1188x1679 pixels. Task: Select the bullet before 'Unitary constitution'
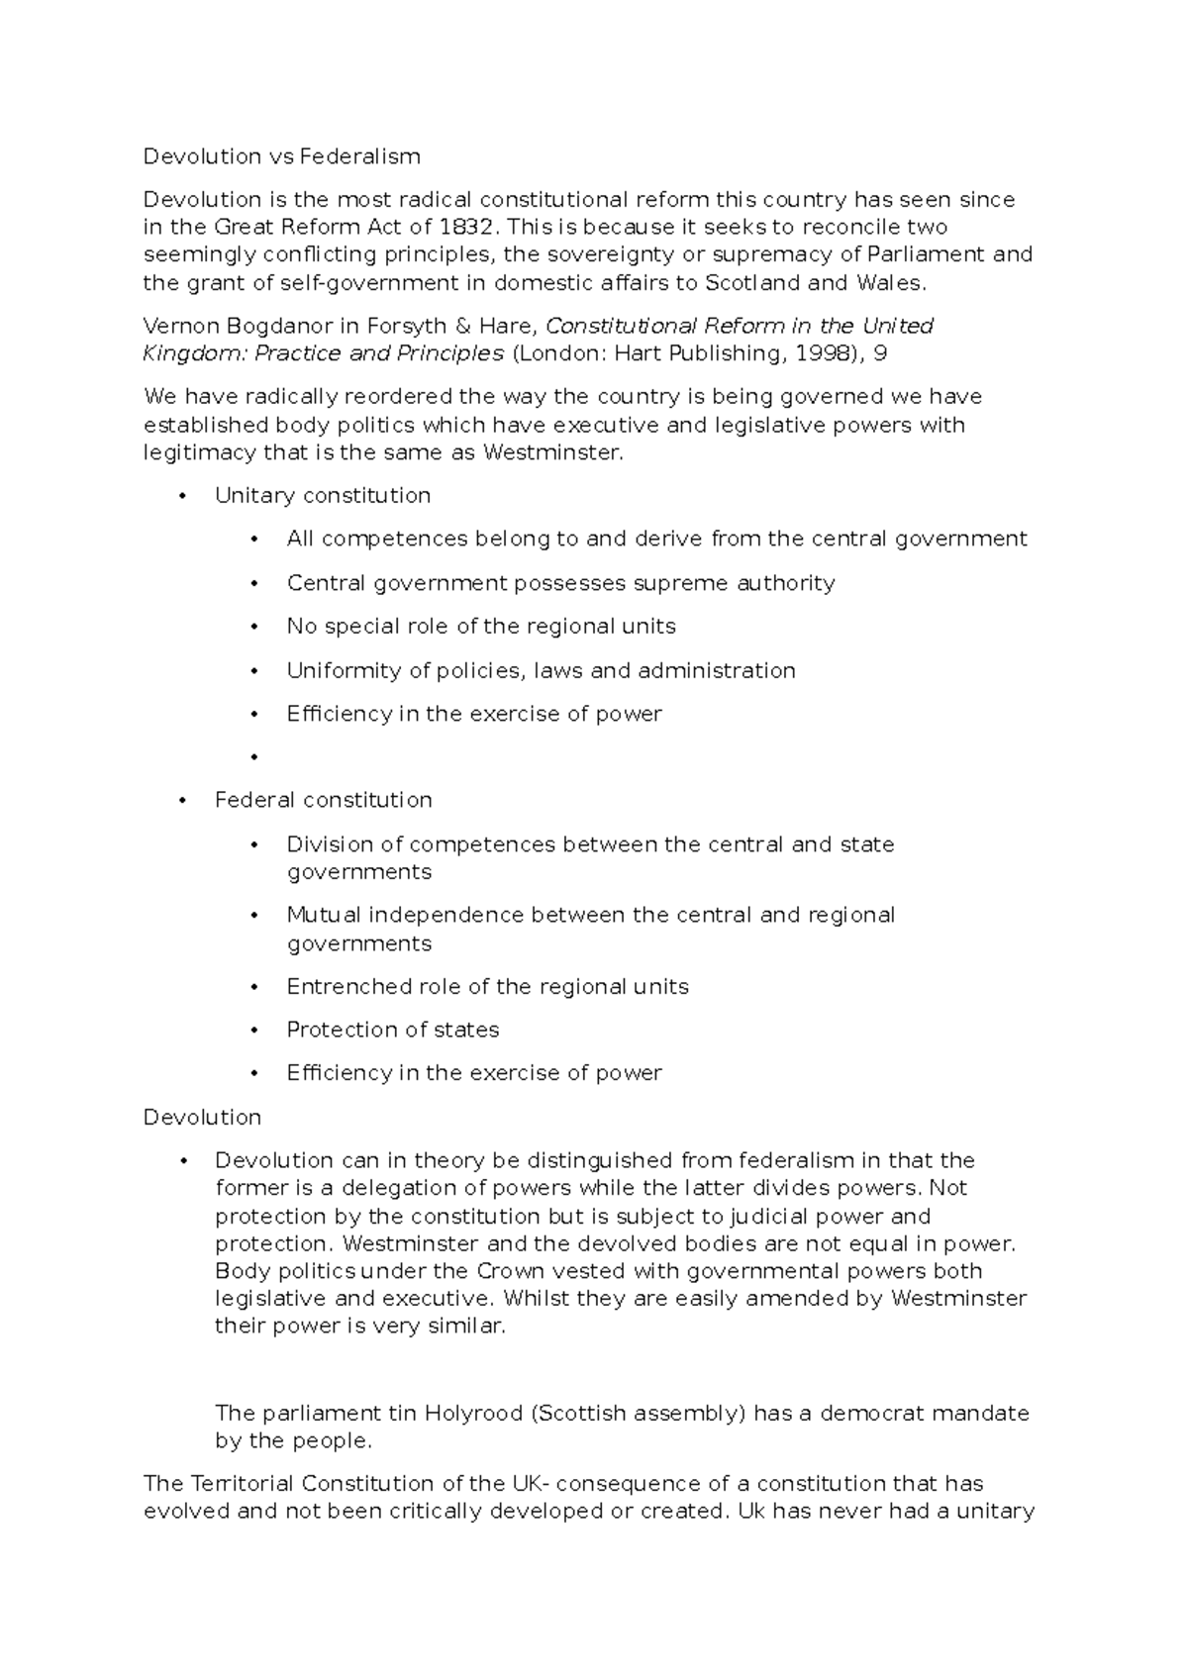182,496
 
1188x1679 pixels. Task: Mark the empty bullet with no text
254,757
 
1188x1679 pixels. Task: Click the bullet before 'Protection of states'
254,1031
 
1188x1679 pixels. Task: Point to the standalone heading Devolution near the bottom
202,1117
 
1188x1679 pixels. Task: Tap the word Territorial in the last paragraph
241,1484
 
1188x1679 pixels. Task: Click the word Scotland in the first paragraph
752,283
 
